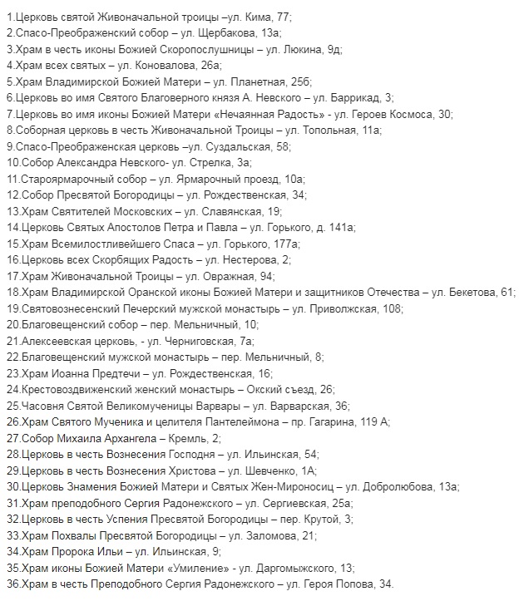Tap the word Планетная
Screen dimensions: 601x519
pyautogui.click(x=249, y=81)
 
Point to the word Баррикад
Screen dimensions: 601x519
pyautogui.click(x=353, y=97)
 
